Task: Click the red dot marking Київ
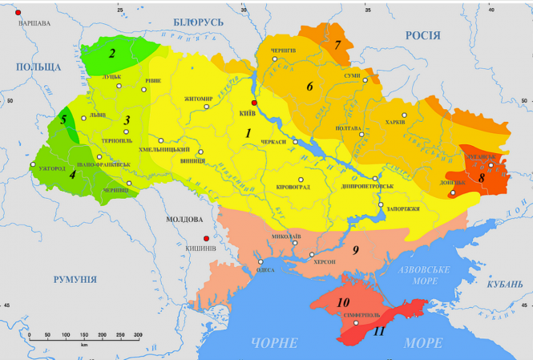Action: (x=255, y=103)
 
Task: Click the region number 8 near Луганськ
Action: (x=481, y=177)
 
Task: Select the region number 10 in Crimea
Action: (x=344, y=303)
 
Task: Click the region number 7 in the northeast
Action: (x=338, y=44)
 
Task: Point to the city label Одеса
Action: (x=264, y=270)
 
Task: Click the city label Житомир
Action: (x=198, y=99)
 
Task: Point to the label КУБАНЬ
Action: (x=505, y=284)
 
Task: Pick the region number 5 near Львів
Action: (x=63, y=119)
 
